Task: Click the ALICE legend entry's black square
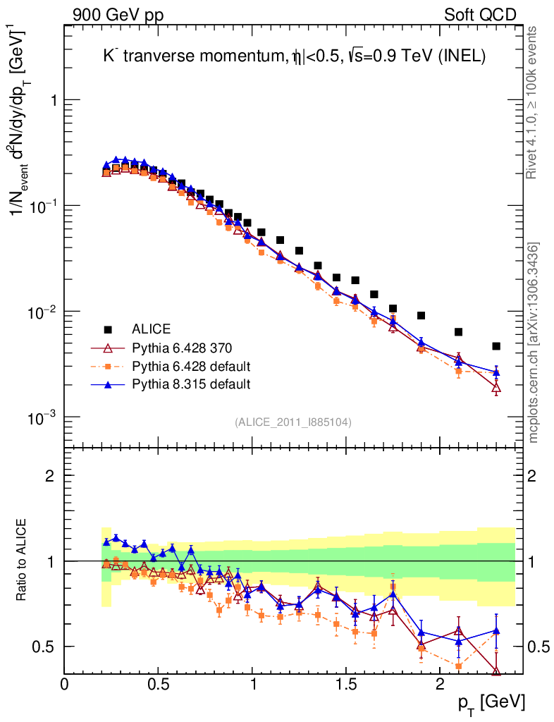[x=108, y=329]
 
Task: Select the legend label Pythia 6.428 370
[x=183, y=348]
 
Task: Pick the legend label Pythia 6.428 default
[x=191, y=366]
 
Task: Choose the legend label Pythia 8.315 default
[x=191, y=384]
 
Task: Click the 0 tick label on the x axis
[x=65, y=684]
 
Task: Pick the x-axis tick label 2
[x=440, y=684]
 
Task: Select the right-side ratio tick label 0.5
[x=540, y=647]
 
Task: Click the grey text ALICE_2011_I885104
[x=293, y=422]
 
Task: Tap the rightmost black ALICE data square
[x=496, y=346]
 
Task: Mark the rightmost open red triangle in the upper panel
[x=496, y=387]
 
